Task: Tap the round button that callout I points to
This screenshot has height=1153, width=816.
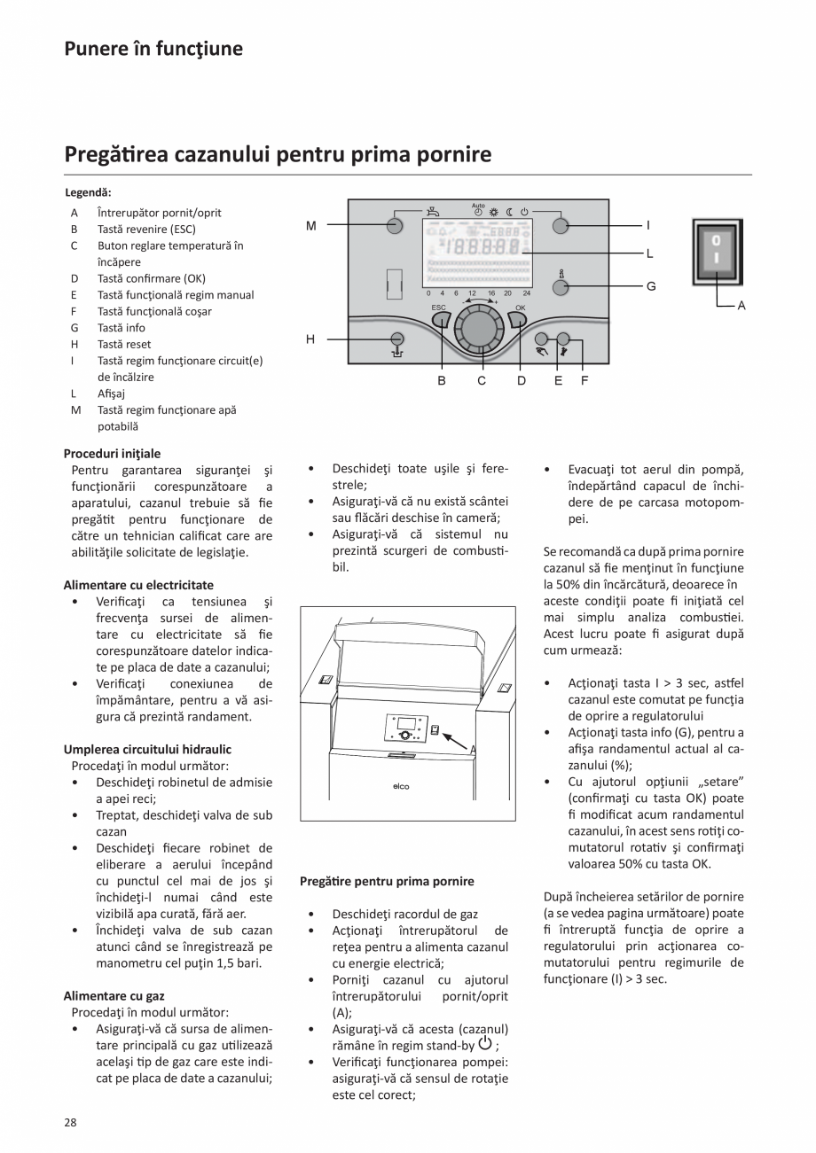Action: click(560, 225)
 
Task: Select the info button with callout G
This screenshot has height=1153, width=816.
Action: click(560, 287)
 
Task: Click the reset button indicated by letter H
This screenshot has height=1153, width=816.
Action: click(396, 339)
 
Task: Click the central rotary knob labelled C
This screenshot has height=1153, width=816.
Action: click(479, 329)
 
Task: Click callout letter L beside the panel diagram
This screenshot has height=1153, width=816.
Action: click(649, 253)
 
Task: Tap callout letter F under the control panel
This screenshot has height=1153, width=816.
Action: click(585, 381)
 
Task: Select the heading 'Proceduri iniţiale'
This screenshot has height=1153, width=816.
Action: click(113, 453)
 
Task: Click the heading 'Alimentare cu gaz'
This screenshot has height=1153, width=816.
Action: click(114, 995)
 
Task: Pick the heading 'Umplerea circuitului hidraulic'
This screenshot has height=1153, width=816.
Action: click(147, 749)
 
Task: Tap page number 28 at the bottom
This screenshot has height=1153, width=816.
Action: click(70, 1122)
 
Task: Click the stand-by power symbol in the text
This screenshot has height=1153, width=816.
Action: click(484, 1043)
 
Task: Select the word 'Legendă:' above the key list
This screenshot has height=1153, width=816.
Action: click(89, 192)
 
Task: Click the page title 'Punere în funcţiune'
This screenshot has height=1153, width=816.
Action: click(153, 49)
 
